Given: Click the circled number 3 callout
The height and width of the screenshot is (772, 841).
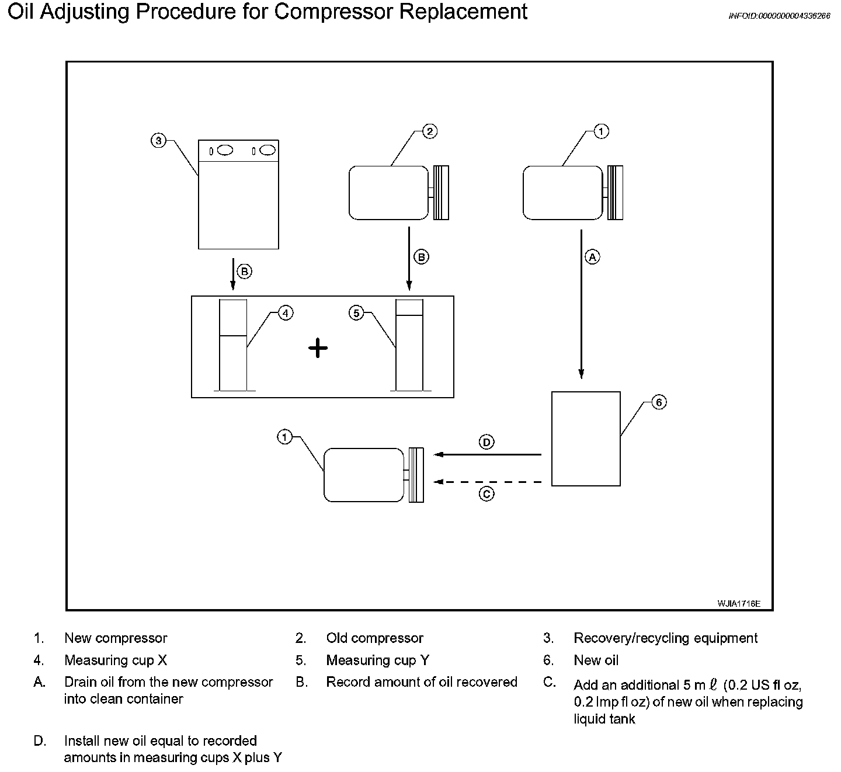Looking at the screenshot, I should click(158, 141).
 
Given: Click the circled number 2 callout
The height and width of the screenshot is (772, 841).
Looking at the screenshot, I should click(429, 131).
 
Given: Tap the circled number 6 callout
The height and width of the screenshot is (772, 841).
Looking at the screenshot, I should click(658, 402).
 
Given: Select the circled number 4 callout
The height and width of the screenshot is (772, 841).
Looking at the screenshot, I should click(285, 314).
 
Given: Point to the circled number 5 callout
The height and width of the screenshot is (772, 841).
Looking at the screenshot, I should click(356, 314).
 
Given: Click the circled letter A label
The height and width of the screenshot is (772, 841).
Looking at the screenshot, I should click(592, 256).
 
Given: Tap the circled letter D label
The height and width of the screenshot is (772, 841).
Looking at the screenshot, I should click(486, 442).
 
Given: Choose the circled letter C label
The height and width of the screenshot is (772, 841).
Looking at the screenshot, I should click(486, 494).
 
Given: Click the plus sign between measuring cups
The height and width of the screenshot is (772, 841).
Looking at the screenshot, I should click(318, 349).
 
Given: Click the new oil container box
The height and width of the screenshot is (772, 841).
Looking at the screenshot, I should click(586, 439).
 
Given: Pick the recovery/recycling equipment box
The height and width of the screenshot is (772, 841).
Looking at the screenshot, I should click(238, 194).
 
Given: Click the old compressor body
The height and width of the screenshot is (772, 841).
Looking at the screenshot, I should click(388, 193).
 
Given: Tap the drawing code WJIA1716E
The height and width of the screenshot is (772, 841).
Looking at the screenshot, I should click(739, 604).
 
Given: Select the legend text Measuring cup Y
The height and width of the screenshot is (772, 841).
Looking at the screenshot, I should click(377, 660).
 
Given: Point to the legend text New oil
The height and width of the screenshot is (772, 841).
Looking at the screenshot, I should click(596, 660).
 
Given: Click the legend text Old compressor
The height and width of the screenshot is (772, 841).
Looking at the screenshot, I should click(374, 638).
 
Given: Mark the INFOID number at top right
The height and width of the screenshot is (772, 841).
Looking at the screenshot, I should click(779, 16).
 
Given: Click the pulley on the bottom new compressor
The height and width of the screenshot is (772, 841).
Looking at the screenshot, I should click(416, 475).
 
